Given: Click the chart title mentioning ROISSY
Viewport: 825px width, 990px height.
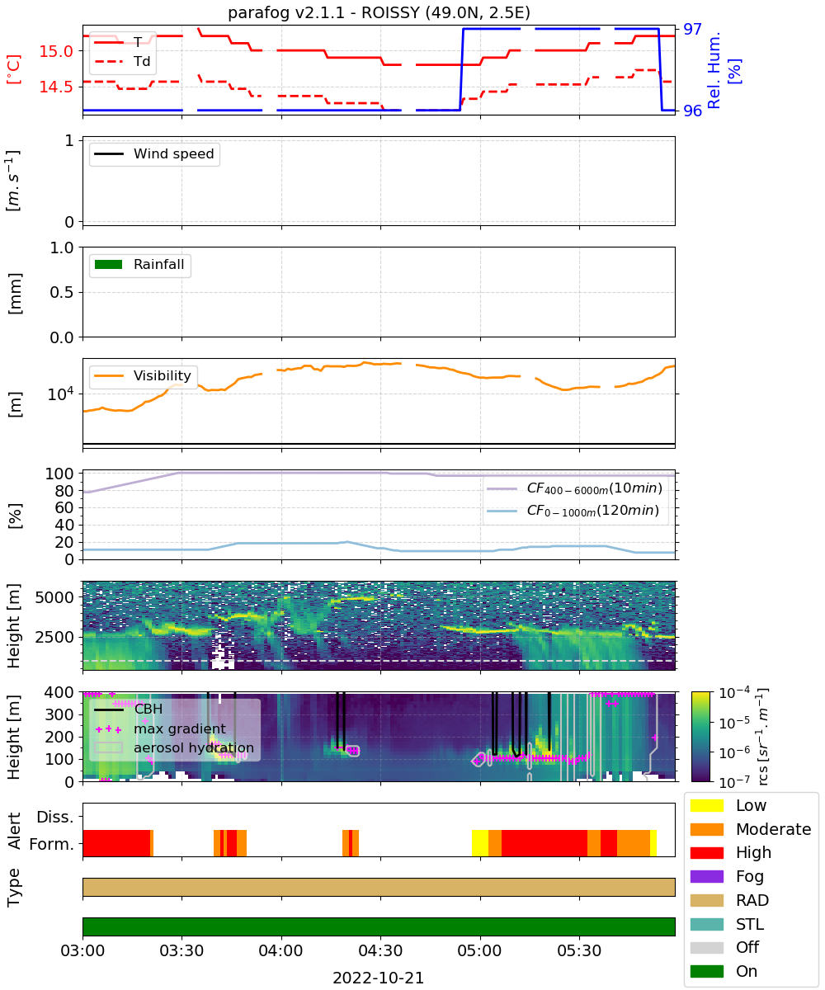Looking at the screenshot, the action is [379, 12].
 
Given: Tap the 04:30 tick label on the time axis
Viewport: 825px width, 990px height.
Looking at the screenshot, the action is [380, 950].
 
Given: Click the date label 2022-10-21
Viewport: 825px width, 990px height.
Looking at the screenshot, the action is [378, 978].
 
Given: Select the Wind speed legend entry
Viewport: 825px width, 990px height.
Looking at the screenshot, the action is [154, 153].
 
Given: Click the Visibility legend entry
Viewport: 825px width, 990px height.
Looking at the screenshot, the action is [142, 375].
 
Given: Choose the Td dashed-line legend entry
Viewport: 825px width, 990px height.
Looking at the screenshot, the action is [122, 61].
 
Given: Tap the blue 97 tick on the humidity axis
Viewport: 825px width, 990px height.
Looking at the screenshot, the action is [692, 30].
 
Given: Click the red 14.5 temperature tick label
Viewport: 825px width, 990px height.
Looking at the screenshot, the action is [56, 87].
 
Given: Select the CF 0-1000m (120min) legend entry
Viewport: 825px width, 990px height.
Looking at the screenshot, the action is [573, 511].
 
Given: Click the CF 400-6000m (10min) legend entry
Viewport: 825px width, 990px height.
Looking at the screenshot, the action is [574, 488].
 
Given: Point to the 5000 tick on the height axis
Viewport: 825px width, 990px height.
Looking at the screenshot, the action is [54, 597].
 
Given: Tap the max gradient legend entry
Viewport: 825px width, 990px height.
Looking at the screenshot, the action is [161, 728].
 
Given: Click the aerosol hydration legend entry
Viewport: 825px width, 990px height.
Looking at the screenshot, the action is [174, 747].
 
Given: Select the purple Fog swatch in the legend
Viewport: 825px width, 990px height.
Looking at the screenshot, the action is [706, 876].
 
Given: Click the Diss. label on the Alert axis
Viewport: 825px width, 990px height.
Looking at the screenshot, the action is [55, 818].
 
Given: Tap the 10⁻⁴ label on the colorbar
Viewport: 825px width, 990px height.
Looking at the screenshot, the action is [733, 693].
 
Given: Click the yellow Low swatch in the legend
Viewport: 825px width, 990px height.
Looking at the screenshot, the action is [706, 805].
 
